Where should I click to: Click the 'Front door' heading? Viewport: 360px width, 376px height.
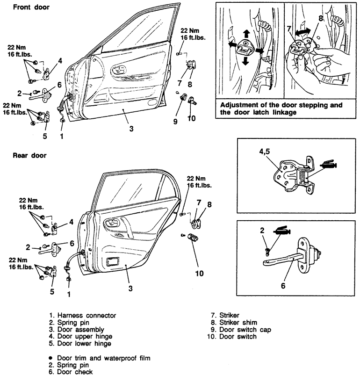coord(31,7)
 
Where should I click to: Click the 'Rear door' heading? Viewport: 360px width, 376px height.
coord(29,155)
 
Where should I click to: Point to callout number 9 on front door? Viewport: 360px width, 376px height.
coord(175,121)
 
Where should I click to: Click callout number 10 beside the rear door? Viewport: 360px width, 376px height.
coord(200,273)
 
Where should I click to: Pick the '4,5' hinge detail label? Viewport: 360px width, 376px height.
coord(264,152)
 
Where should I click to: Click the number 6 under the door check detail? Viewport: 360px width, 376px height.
coord(283,286)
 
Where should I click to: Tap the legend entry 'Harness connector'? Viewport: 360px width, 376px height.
coord(86,315)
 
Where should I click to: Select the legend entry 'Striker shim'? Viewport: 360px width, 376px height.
coord(238,322)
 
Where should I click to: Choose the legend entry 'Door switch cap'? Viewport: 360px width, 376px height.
coord(245,330)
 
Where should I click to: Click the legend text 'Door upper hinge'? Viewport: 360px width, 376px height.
coord(85,336)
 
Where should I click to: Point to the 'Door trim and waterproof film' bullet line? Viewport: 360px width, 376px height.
coord(103,358)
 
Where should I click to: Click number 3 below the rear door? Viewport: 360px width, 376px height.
coord(130,288)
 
